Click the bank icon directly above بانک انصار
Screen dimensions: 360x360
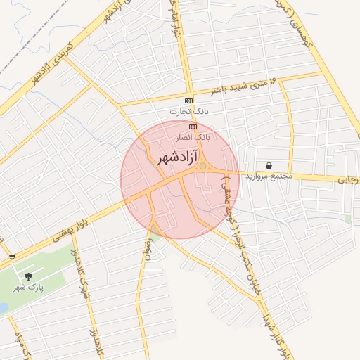pyautogui.click(x=193, y=126)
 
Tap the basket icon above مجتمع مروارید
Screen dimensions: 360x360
pyautogui.click(x=269, y=166)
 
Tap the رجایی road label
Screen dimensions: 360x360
pyautogui.click(x=349, y=180)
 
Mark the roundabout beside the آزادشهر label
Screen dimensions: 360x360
pyautogui.click(x=203, y=167)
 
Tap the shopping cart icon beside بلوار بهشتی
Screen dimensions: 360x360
pyautogui.click(x=12, y=257)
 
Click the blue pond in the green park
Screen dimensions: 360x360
pyautogui.click(x=3, y=308)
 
